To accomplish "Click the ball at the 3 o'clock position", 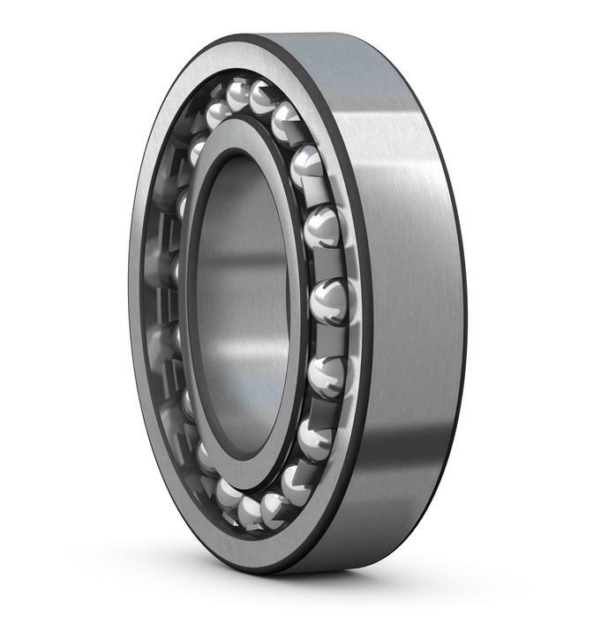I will click(328, 299).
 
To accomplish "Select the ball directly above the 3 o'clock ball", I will click(322, 229).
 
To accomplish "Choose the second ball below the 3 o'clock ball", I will click(313, 436).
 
